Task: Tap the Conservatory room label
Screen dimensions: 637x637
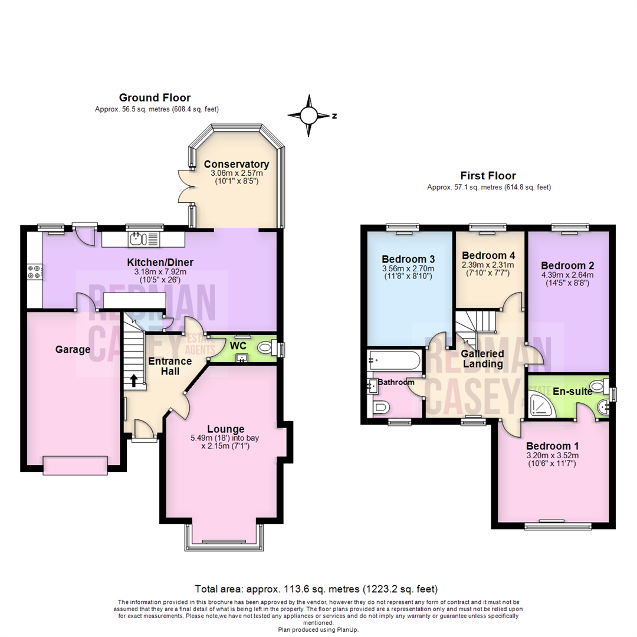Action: (x=236, y=164)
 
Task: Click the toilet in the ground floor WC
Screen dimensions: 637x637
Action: (x=267, y=350)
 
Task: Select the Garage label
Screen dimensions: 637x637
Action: (x=73, y=350)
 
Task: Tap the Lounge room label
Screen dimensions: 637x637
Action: (x=225, y=429)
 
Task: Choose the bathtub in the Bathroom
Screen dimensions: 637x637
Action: (x=394, y=360)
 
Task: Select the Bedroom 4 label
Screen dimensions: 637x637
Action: (x=488, y=255)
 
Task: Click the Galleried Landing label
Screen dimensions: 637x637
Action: (x=482, y=359)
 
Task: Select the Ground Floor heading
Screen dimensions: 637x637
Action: (x=155, y=97)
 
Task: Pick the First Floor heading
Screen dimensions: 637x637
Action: (x=488, y=175)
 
